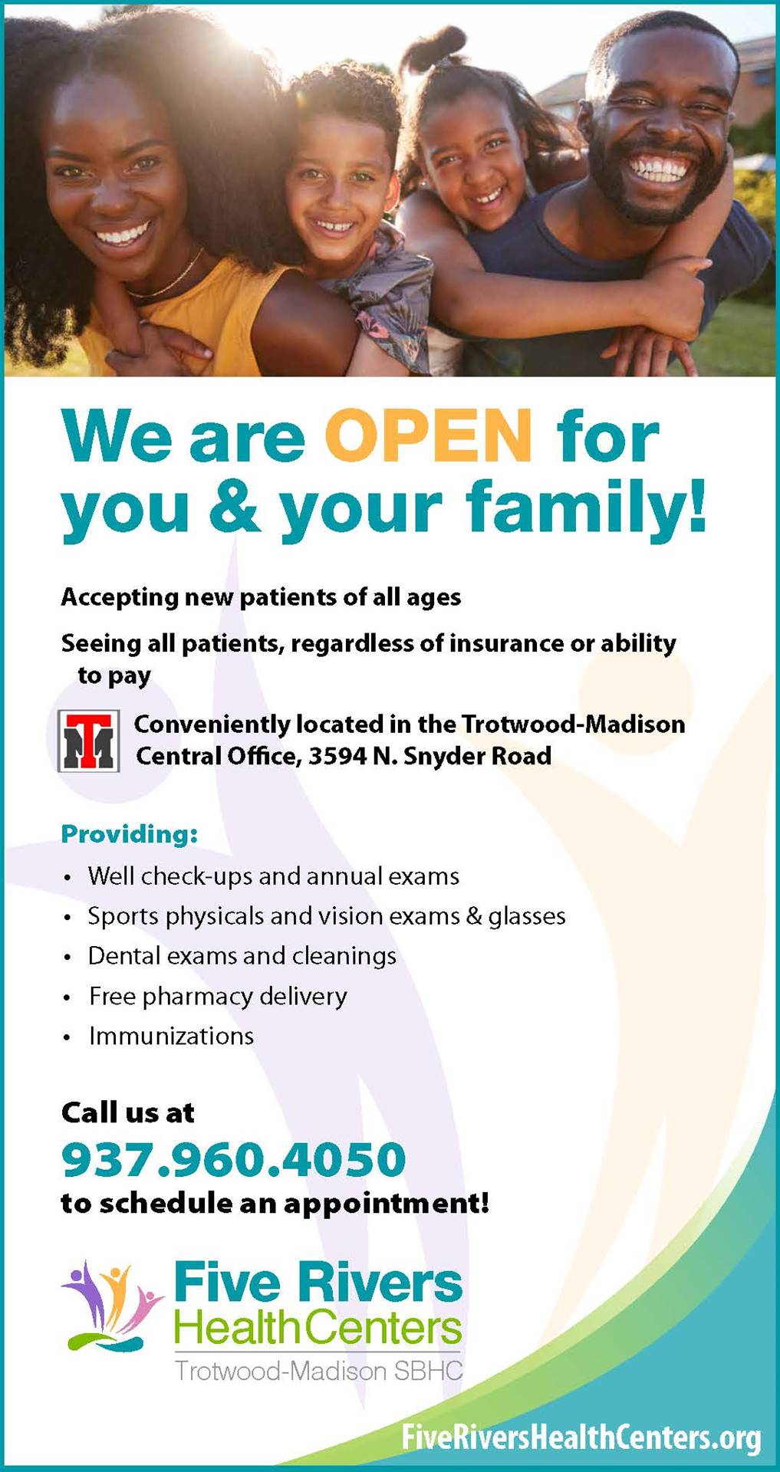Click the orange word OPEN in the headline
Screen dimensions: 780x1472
click(429, 435)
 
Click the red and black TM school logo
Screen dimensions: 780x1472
click(89, 741)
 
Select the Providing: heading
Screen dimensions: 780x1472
click(130, 833)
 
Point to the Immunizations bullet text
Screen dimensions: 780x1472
click(171, 1036)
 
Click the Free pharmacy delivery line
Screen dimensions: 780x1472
click(218, 996)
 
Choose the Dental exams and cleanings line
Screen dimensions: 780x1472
click(242, 956)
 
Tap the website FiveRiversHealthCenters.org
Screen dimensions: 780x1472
click(581, 1437)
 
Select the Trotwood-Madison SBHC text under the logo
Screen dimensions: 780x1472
click(319, 1371)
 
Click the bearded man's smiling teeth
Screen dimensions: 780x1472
click(657, 167)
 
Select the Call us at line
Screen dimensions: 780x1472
click(128, 1112)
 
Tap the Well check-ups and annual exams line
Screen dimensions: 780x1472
click(274, 876)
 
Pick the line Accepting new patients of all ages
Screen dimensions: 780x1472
click(261, 597)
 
